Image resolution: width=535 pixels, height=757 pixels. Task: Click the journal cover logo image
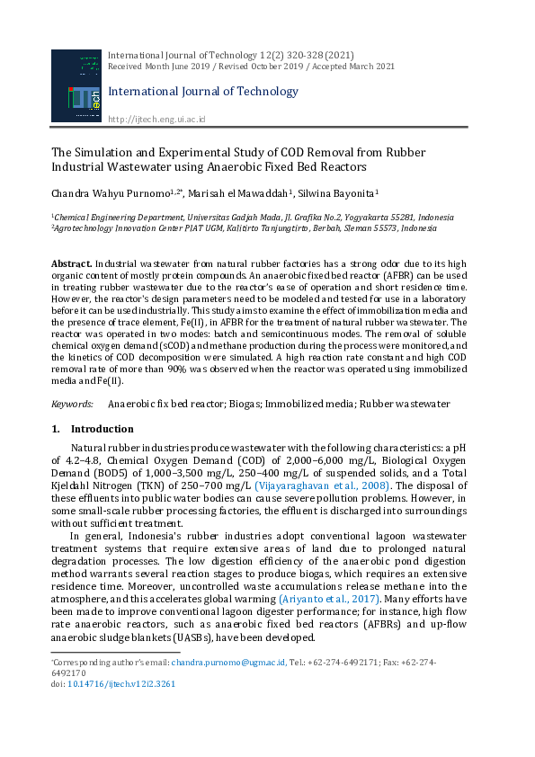[76, 86]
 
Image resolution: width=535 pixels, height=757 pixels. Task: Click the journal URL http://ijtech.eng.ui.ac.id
[156, 120]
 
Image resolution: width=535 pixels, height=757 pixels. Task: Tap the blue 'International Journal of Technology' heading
[202, 92]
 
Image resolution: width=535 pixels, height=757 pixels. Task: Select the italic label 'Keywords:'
[73, 405]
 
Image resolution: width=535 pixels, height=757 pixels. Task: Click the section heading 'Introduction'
[102, 430]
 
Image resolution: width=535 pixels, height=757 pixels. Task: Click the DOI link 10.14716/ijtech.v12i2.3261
[121, 683]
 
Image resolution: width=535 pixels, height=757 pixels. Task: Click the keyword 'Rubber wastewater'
[401, 405]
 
